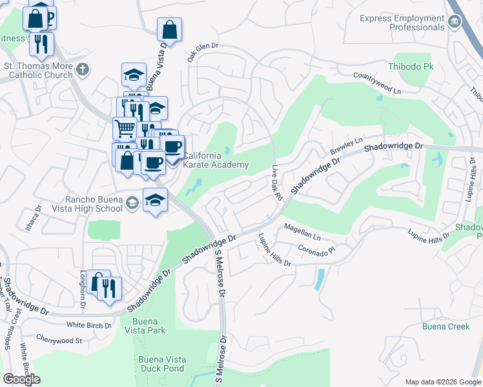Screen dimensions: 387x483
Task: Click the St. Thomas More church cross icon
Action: coord(82,69)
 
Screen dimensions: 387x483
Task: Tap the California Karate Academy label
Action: coord(216,160)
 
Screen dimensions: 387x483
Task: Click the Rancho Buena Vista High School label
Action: coord(94,204)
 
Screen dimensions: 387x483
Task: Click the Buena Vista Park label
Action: coord(149,326)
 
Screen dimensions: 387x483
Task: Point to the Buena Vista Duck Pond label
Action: coord(161,364)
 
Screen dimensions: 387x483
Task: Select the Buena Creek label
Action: coord(446,326)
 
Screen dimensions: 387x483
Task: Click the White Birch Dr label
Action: coord(89,325)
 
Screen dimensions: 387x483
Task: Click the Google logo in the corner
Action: coord(21,379)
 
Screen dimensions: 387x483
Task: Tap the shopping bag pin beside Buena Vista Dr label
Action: coord(169,30)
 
